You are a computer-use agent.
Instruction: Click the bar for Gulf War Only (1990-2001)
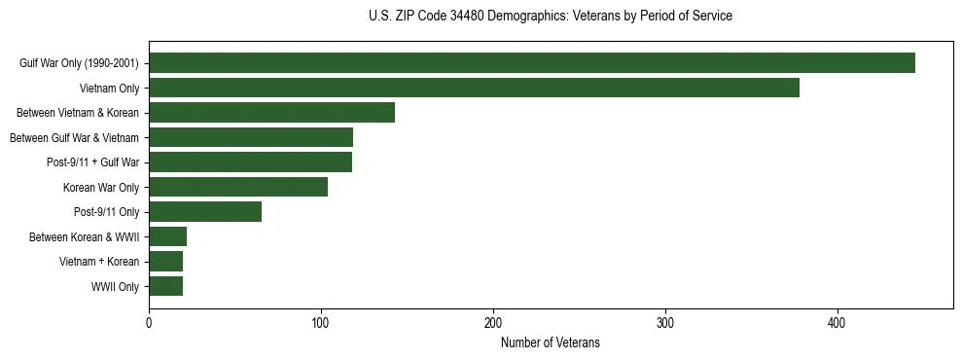(x=532, y=63)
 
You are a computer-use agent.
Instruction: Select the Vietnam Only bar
(x=474, y=88)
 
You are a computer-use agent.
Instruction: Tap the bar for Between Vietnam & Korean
(x=271, y=113)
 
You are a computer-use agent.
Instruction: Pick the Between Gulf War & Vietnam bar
(x=251, y=137)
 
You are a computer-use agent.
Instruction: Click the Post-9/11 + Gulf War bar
(x=250, y=162)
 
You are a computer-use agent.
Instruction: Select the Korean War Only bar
(x=238, y=187)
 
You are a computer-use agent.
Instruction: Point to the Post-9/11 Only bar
(x=205, y=212)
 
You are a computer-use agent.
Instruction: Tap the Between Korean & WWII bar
(x=167, y=236)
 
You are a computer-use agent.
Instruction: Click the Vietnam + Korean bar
(x=165, y=262)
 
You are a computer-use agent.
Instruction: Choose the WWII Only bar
(x=165, y=286)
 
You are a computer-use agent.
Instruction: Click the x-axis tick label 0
(x=149, y=323)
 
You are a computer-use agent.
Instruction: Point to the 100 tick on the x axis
(x=321, y=323)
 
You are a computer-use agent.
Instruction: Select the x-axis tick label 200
(x=493, y=323)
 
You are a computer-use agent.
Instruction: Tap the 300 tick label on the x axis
(x=665, y=323)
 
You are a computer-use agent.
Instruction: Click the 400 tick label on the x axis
(x=837, y=323)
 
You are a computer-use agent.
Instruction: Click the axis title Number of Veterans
(x=550, y=343)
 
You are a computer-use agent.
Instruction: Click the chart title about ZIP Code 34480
(x=550, y=17)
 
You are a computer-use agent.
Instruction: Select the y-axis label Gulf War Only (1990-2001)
(x=79, y=63)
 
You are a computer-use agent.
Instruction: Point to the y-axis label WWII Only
(x=115, y=286)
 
